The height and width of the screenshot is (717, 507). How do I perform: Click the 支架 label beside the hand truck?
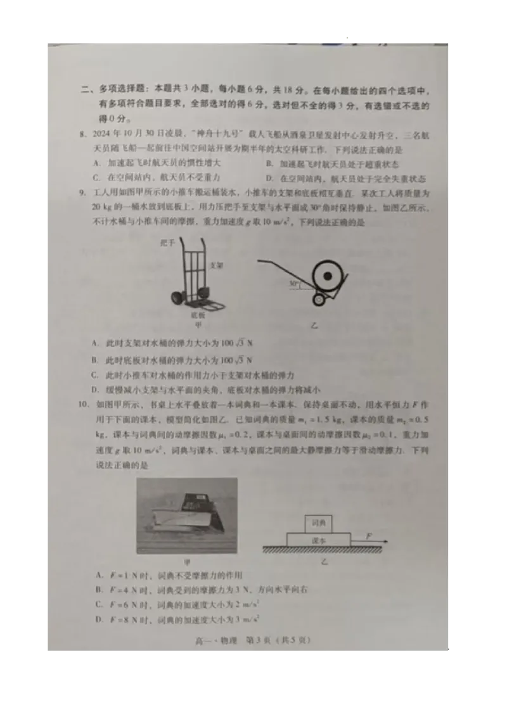[215, 266]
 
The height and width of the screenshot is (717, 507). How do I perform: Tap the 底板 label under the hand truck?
[198, 314]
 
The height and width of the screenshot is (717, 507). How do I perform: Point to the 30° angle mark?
[293, 284]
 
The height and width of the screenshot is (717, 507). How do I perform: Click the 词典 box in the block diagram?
[318, 523]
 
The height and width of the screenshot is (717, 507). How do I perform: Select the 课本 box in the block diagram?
[318, 540]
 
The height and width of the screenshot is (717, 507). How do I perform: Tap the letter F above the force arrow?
[369, 536]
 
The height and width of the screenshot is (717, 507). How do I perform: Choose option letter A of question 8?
[95, 163]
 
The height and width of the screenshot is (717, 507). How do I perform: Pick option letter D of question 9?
[94, 390]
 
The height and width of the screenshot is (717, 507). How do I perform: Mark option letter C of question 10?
[99, 604]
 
